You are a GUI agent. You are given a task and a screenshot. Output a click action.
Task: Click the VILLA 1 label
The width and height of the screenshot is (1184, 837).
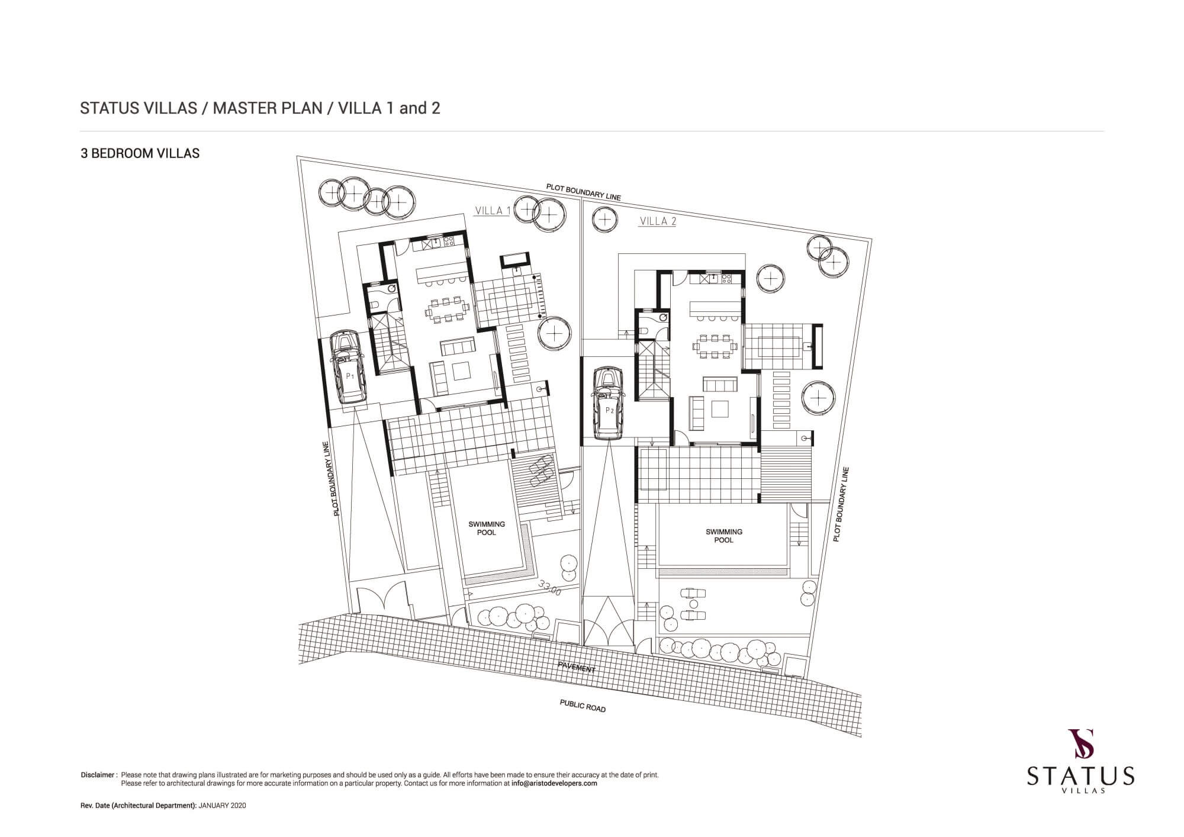493,211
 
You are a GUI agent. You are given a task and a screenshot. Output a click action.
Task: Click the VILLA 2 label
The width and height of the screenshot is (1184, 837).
658,221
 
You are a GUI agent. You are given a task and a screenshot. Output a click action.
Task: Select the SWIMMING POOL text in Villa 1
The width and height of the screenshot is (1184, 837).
487,528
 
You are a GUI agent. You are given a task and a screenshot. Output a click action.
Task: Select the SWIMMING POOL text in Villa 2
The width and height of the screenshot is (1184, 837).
723,536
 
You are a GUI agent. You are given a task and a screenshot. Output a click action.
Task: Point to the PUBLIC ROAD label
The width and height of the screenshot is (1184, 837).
583,706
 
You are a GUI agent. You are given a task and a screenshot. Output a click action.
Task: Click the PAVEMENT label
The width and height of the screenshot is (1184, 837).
577,668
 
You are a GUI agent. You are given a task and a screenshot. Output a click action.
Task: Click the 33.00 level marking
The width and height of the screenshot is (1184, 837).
550,587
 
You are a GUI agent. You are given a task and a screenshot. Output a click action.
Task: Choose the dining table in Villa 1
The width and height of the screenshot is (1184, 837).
448,308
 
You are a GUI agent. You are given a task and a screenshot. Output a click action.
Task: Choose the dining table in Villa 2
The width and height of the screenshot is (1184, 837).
715,346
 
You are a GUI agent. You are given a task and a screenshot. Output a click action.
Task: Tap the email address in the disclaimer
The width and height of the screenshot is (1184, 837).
554,783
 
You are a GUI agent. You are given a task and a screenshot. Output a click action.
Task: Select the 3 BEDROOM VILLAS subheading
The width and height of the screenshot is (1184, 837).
140,153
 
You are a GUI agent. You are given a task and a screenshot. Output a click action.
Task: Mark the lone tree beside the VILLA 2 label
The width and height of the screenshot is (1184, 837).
604,220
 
